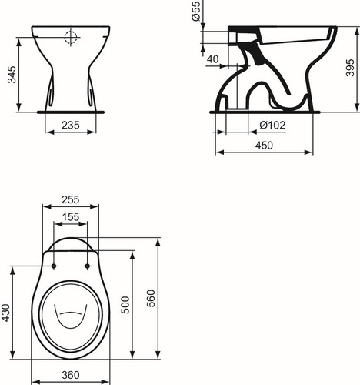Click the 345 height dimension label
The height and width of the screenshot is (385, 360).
click(12, 75)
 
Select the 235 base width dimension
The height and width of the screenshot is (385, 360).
click(71, 126)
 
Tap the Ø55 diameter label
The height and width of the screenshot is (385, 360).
click(196, 12)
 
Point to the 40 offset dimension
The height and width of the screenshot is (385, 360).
click(213, 59)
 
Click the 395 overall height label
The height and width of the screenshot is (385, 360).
click(350, 68)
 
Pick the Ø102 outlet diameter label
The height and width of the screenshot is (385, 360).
click(272, 126)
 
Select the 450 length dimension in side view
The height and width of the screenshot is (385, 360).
click(264, 146)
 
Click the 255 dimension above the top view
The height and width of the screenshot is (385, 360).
click(71, 199)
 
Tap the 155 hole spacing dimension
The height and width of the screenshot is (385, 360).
click(71, 217)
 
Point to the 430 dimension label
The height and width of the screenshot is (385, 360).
click(5, 313)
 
